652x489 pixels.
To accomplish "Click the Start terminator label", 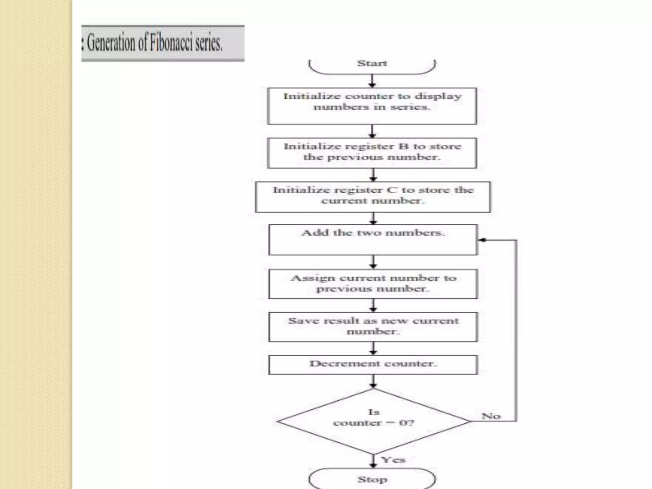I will (372, 63).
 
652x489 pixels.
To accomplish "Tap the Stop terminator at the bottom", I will (372, 479).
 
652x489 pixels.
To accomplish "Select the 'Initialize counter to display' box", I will (372, 106).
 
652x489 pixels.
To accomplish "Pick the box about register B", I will (372, 153).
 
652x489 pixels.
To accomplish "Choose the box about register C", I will (373, 196).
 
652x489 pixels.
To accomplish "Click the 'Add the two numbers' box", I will (373, 239).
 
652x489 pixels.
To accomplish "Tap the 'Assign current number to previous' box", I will (373, 284).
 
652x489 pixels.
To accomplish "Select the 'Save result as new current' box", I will (373, 327).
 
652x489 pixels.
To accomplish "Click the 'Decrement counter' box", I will (373, 364).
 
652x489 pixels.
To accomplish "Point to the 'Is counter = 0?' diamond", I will (373, 421).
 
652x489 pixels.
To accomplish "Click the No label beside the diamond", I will (491, 416).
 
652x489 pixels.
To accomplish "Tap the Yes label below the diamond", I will (393, 460).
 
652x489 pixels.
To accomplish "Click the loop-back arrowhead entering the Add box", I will (482, 240).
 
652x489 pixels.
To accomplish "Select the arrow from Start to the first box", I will (372, 81).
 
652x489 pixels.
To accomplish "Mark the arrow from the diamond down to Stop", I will (373, 461).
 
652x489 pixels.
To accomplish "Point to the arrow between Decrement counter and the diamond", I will (373, 381).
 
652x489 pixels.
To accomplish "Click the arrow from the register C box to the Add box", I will (373, 218).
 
